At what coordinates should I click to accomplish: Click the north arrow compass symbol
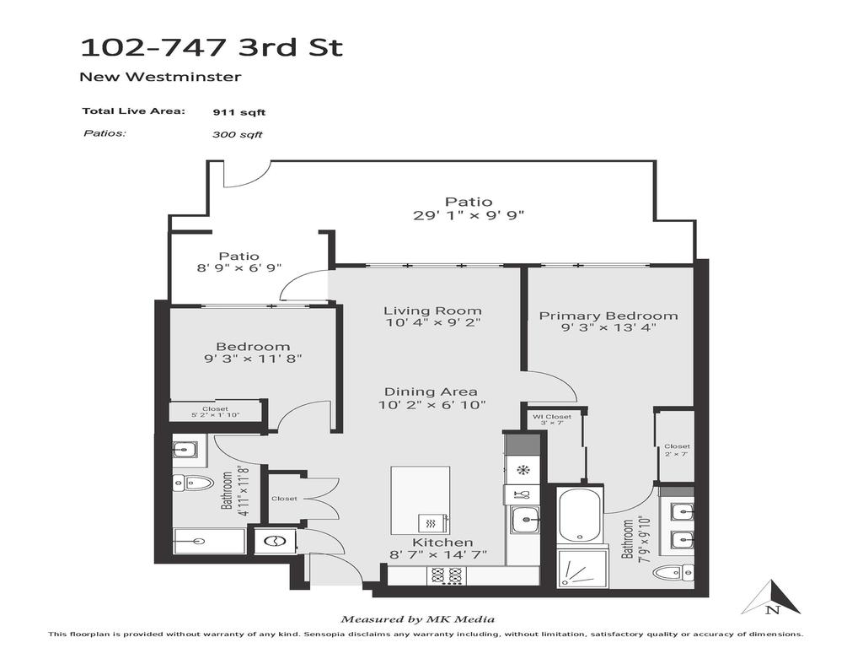(x=770, y=597)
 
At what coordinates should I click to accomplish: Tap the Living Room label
(x=432, y=310)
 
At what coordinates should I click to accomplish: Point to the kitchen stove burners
(x=444, y=575)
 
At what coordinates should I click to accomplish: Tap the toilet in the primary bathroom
(x=672, y=574)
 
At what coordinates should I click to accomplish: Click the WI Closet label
(x=552, y=417)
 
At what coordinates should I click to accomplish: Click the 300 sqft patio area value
(x=238, y=134)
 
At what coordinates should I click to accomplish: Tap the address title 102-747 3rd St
(x=211, y=46)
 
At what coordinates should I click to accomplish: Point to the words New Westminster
(x=160, y=77)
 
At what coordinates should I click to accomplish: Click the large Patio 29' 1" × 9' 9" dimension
(x=469, y=215)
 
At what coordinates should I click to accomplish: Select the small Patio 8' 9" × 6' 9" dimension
(x=239, y=267)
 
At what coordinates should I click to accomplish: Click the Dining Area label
(x=431, y=391)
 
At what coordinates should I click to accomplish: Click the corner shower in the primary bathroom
(x=579, y=569)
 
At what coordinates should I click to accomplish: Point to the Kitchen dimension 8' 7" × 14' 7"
(x=442, y=555)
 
